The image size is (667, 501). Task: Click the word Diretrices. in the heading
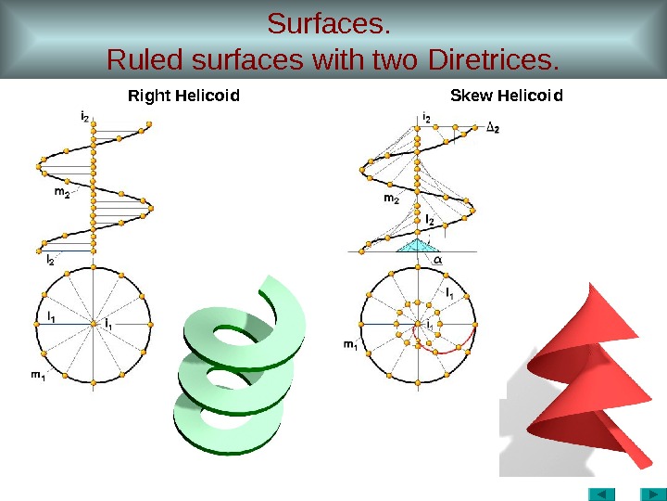[x=495, y=61]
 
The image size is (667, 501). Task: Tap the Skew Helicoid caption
[x=506, y=96]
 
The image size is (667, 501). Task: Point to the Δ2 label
[x=493, y=129]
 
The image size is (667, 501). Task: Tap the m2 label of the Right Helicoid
[x=61, y=194]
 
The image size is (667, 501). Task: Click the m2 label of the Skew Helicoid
[x=391, y=199]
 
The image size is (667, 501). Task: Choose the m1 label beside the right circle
[x=351, y=346]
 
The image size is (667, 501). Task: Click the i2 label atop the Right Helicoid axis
[x=85, y=116]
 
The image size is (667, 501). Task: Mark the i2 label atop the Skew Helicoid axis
[x=426, y=117]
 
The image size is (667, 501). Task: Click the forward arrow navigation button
[x=648, y=492]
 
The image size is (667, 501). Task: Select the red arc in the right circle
[x=454, y=347]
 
